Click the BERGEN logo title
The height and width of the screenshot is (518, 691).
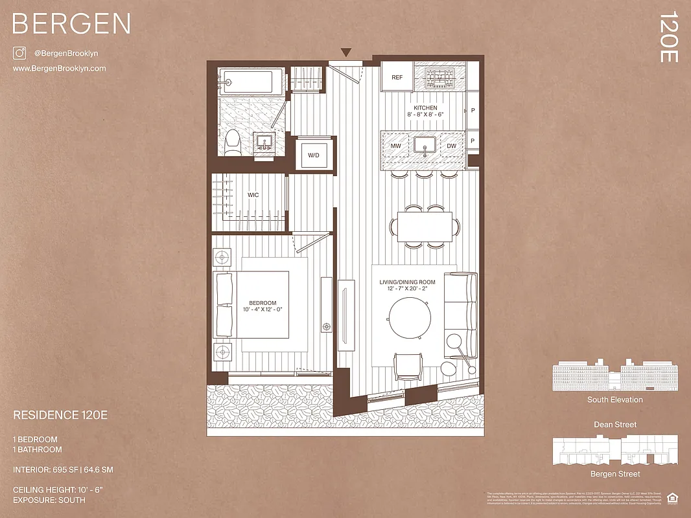(71, 24)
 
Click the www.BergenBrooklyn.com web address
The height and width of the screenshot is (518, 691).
(59, 69)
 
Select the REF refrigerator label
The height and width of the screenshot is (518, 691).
(397, 78)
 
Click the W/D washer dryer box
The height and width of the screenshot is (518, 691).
(314, 155)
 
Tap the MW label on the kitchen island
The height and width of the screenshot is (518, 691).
(395, 146)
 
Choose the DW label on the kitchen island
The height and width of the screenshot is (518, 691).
(452, 146)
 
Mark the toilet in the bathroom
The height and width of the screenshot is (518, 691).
(232, 142)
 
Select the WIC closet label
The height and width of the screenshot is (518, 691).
(253, 194)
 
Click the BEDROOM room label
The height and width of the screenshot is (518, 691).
(263, 303)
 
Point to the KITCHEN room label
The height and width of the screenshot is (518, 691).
(425, 108)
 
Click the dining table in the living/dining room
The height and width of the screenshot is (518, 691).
(425, 227)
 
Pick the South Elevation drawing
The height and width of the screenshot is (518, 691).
(615, 376)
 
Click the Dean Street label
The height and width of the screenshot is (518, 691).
(615, 425)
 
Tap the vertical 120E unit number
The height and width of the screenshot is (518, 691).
(669, 37)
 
